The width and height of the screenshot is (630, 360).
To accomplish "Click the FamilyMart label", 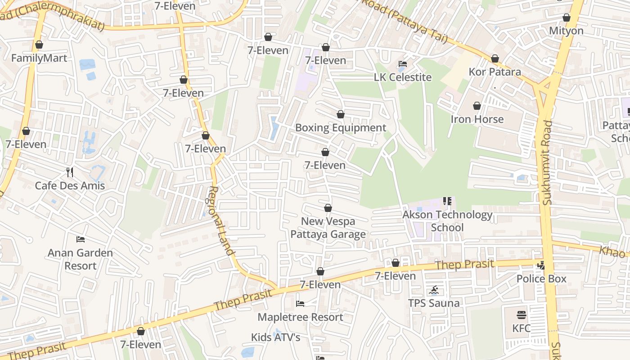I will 39,58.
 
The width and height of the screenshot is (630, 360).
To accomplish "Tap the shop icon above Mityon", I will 567,18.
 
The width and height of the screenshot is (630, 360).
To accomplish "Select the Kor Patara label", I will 495,72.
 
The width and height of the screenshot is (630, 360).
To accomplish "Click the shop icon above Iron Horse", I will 477,106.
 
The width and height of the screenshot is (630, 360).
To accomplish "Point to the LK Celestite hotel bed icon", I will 403,64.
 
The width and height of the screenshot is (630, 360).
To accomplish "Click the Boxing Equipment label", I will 341,128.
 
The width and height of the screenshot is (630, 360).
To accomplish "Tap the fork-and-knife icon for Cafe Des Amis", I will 70,172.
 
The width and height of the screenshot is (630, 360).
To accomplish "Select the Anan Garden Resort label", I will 81,259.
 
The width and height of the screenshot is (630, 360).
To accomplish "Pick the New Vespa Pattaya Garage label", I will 328,228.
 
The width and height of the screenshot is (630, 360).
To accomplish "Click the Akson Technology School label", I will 447,221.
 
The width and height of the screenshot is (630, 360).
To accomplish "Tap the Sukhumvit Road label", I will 547,162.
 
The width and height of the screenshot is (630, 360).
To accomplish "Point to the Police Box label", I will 541,279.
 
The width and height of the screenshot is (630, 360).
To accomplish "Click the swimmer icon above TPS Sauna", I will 434,290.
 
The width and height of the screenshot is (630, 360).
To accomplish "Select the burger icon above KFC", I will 522,315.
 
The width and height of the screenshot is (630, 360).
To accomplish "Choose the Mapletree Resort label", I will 300,317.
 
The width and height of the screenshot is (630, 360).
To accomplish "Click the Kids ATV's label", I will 275,337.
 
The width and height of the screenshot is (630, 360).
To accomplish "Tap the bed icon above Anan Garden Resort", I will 81,239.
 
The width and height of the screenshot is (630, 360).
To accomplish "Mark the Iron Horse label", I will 477,119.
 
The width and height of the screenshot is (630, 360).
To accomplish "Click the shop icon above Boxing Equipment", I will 341,115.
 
